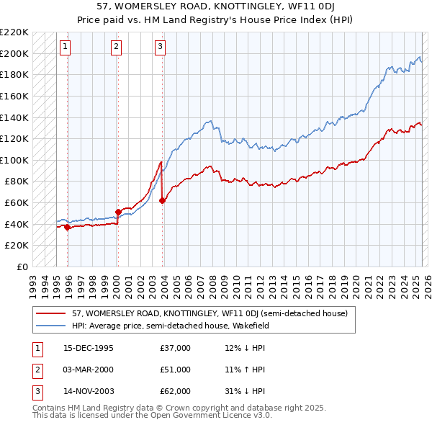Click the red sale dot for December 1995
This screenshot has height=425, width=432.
tap(68, 227)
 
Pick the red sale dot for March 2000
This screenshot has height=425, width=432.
tap(118, 212)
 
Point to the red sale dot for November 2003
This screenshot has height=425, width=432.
tap(163, 200)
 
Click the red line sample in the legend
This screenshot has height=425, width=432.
tap(50, 313)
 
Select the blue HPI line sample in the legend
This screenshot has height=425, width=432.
tap(50, 325)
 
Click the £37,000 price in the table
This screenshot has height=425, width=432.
tap(176, 348)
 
